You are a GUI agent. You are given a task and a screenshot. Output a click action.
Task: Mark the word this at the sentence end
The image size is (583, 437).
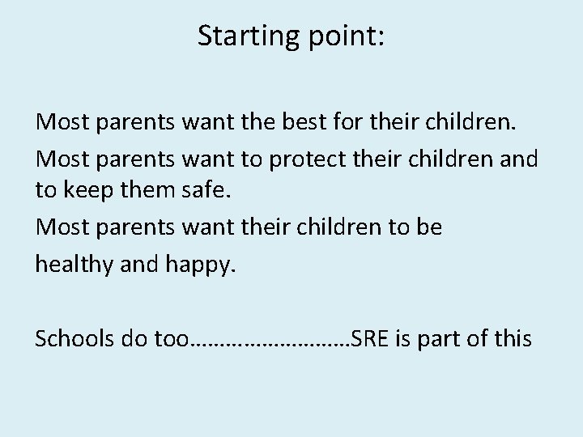point(513,337)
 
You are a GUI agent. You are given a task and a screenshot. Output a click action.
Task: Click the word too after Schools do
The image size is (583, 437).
point(170,337)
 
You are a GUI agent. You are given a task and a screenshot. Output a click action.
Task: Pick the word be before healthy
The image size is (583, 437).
point(427,227)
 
